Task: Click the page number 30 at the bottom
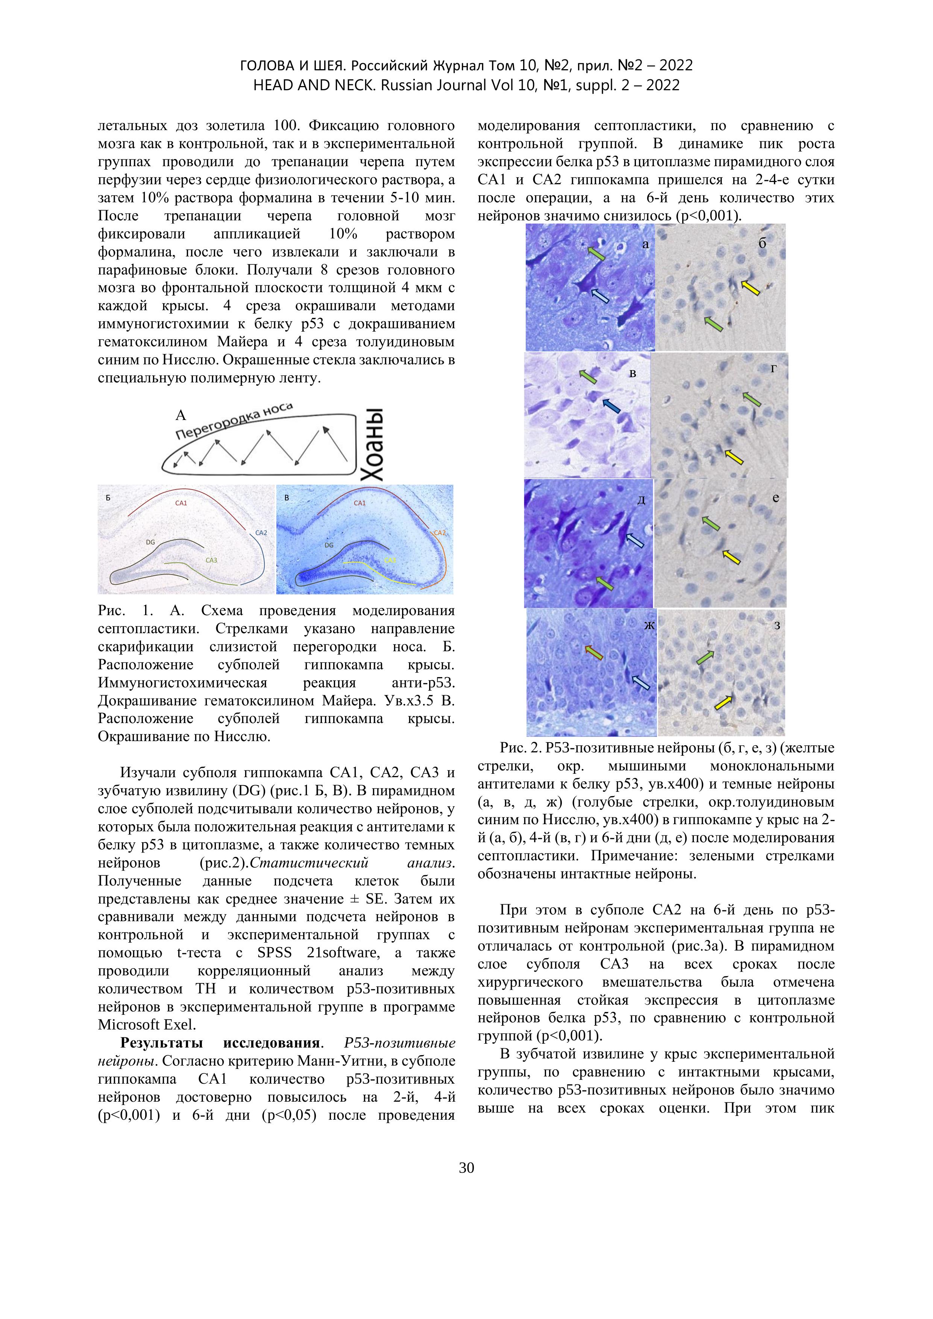coord(466,1168)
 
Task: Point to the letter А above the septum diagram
coord(181,415)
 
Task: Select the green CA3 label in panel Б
coord(211,559)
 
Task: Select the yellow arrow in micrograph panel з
coord(724,702)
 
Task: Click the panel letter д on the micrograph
coord(642,500)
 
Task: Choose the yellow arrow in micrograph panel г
coord(734,457)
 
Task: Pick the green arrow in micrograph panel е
coord(711,523)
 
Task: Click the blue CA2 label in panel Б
coord(261,532)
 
